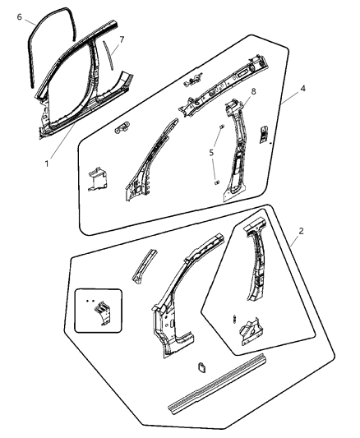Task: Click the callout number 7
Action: pos(122,39)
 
